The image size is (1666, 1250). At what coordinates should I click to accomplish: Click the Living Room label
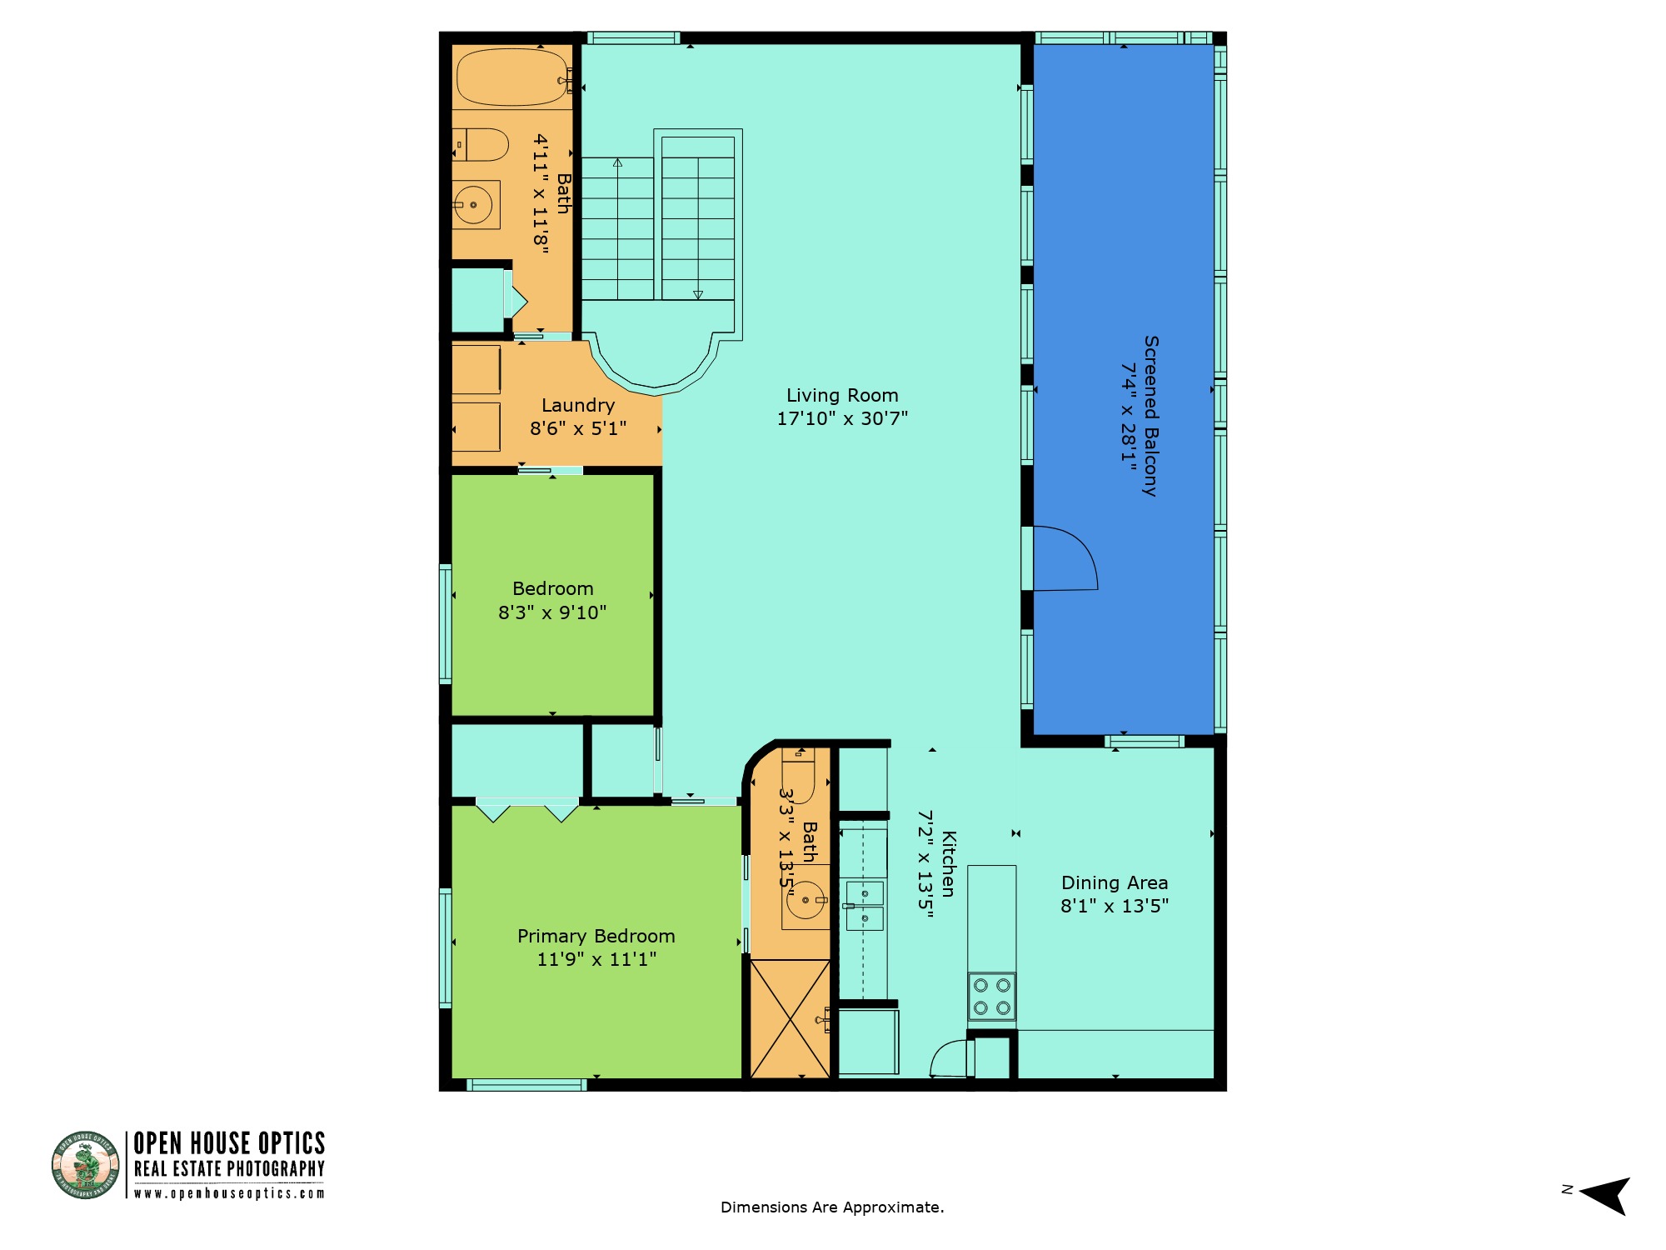click(842, 395)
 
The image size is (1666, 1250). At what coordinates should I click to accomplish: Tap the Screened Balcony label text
click(1150, 416)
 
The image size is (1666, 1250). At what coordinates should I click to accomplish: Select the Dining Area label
click(1115, 882)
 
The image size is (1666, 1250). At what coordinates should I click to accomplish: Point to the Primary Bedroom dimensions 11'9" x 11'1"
click(596, 959)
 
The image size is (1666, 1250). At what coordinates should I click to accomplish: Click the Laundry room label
click(578, 405)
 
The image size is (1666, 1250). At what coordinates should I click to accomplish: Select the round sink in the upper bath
click(473, 204)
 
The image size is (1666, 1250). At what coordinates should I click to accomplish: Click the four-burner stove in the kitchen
click(991, 997)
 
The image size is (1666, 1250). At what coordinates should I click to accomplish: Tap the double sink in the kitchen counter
click(865, 906)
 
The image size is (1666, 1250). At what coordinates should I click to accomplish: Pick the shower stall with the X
click(791, 1019)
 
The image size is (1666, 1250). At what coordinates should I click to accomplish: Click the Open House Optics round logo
click(85, 1165)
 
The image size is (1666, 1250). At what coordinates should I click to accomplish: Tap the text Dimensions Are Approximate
click(832, 1207)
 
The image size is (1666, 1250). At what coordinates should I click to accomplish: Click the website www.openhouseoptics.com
click(229, 1193)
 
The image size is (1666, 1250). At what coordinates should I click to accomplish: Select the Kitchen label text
click(949, 863)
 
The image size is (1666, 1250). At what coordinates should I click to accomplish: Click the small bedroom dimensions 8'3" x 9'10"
click(552, 612)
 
